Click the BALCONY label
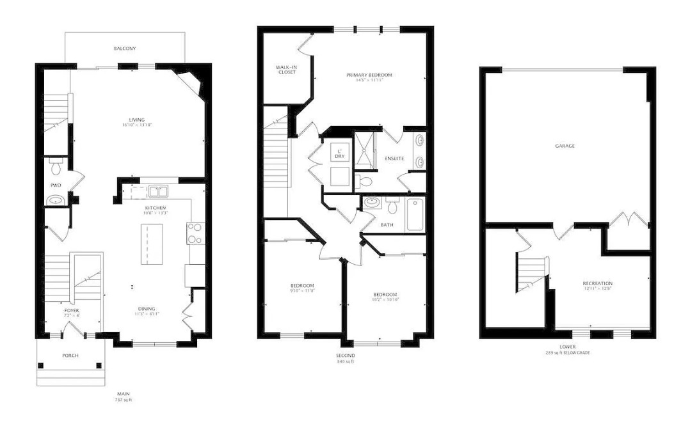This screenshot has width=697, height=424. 125,49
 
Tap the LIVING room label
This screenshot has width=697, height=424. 136,120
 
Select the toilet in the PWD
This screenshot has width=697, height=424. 56,167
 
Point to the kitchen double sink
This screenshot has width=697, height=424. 157,191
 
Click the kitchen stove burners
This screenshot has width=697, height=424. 195,233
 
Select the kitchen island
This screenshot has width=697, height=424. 152,243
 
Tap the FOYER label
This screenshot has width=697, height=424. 70,310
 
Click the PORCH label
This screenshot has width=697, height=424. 70,356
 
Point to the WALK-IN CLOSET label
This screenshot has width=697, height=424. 286,69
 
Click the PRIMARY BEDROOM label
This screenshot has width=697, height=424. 369,75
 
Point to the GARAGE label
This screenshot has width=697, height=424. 565,146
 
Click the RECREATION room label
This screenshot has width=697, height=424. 597,283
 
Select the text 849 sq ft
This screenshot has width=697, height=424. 346,362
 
